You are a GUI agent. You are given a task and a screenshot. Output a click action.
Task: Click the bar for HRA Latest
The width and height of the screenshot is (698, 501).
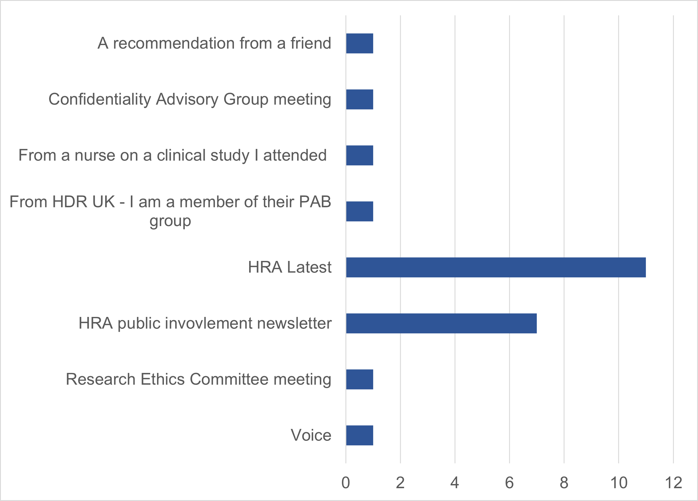coord(496,267)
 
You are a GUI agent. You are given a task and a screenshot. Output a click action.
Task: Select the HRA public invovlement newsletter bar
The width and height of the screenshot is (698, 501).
coord(441,323)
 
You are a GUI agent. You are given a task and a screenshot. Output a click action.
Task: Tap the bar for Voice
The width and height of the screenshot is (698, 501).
coord(359,435)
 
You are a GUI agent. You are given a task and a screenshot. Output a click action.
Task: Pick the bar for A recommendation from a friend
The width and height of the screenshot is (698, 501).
coord(359,43)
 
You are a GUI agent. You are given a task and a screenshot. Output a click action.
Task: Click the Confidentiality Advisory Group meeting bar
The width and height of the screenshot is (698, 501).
coord(359,99)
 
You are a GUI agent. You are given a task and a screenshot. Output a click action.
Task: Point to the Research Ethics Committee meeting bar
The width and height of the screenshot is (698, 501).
coord(359,379)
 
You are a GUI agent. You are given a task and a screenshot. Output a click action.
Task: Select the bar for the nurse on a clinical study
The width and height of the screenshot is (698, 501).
coord(359,155)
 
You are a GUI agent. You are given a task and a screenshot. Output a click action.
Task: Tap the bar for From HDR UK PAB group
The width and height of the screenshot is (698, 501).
coord(359,211)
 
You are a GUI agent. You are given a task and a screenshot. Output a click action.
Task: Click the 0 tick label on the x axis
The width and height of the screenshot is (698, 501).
coord(346,483)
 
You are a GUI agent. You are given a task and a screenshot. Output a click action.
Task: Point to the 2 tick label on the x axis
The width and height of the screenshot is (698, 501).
coord(400,483)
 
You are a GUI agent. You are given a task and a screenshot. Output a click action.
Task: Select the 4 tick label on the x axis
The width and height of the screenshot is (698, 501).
coord(455,483)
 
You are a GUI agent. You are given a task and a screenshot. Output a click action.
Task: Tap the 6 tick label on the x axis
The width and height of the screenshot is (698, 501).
coord(509,483)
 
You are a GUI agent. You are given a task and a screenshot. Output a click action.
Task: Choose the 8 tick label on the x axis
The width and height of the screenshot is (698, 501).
coord(564,483)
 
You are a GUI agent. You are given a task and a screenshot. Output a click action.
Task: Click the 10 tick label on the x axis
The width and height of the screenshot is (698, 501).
coord(619,483)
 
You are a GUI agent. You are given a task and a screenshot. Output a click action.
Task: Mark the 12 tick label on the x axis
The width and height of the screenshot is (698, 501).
coord(673,483)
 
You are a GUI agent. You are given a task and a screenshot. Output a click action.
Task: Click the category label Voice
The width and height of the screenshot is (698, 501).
coord(311,435)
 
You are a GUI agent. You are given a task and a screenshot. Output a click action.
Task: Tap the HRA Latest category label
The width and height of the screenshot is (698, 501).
coord(290,267)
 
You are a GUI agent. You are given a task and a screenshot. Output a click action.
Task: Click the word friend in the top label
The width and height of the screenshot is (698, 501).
coord(311,43)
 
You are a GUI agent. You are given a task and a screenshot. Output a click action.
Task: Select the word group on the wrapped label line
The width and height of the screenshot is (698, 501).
coord(170,221)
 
